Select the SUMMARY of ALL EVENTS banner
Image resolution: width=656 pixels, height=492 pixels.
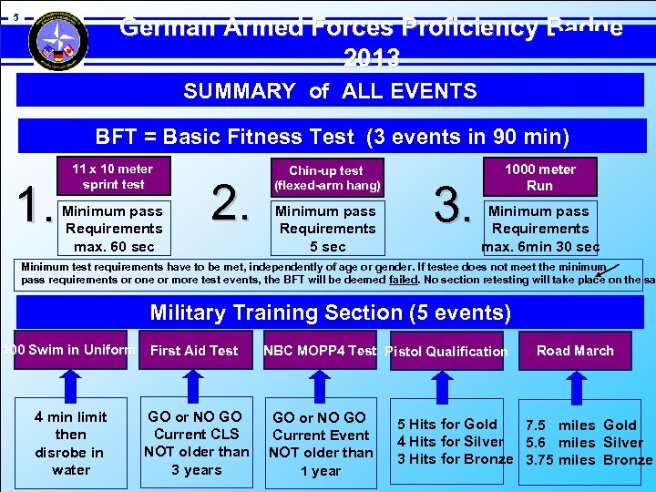pos(330,91)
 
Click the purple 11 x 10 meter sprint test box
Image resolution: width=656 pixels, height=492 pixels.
pos(112,176)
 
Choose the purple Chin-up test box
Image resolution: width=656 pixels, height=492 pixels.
pos(325,177)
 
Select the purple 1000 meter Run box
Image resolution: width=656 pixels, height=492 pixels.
pos(540,177)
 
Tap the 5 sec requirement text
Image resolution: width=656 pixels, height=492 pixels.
pos(326,247)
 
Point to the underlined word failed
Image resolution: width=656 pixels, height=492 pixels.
pos(404,280)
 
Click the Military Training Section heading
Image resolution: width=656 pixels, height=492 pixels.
pos(330,313)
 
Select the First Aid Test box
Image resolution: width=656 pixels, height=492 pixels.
pos(194,351)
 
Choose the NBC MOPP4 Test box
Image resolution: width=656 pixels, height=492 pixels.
pos(319,351)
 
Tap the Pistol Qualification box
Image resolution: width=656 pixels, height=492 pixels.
pos(446,352)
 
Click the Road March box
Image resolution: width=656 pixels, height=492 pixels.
pos(575,351)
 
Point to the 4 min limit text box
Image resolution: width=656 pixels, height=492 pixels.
pos(71,443)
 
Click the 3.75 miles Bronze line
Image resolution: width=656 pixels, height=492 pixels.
pos(588,459)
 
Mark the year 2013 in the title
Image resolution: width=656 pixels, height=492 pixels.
pos(372,59)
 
